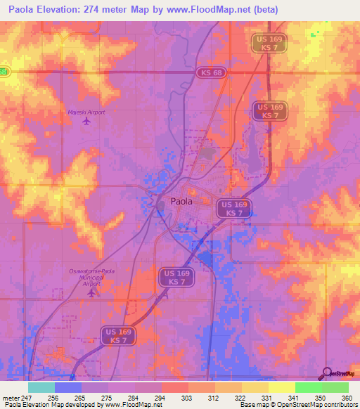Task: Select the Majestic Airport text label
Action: [86, 112]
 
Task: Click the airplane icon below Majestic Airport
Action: [86, 122]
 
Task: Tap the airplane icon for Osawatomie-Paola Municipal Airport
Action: [94, 292]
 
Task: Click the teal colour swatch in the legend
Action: [41, 387]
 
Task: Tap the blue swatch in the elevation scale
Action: [68, 387]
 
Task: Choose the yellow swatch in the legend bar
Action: [281, 387]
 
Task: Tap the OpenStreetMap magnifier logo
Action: [326, 373]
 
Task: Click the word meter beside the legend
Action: [11, 397]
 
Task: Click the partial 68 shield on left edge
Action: [4, 72]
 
